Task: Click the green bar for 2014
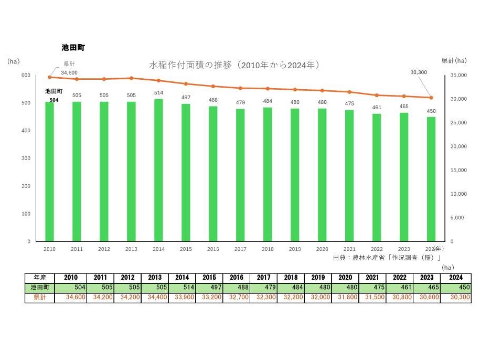click(x=158, y=170)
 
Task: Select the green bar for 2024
click(x=431, y=179)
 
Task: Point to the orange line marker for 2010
click(x=49, y=77)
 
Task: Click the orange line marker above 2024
click(x=431, y=98)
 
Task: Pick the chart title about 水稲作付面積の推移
click(x=234, y=65)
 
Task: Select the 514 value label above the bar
click(x=158, y=93)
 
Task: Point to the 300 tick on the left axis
click(x=26, y=158)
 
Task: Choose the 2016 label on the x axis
click(x=213, y=249)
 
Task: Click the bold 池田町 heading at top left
click(x=73, y=48)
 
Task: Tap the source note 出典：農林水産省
click(x=387, y=258)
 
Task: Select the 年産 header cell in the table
click(x=40, y=278)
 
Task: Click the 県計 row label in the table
click(x=40, y=298)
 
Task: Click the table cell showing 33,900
click(x=182, y=298)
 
